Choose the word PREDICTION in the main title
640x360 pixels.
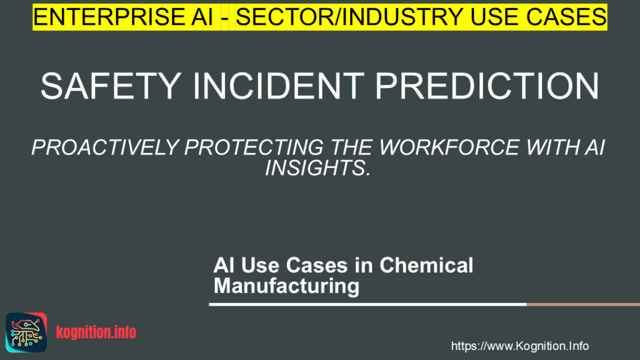click(487, 86)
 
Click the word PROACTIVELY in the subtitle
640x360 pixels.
click(105, 147)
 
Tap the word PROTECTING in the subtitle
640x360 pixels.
click(254, 147)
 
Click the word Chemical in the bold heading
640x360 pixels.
click(426, 265)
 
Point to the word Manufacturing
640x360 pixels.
click(286, 286)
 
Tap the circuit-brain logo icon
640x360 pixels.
click(26, 332)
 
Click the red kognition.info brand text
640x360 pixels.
click(96, 332)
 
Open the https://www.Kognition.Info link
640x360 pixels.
click(519, 346)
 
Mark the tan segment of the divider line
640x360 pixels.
click(583, 304)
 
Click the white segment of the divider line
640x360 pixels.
click(367, 304)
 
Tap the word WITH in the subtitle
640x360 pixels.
click(552, 147)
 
